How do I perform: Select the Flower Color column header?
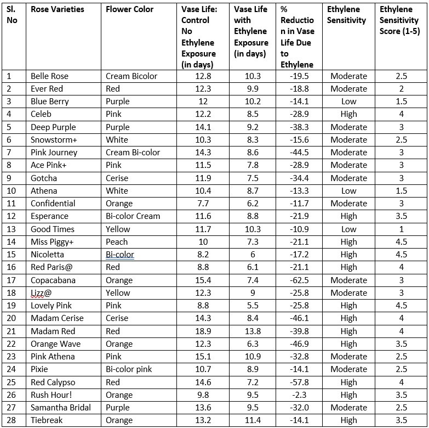click(129, 9)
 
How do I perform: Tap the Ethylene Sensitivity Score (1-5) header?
click(400, 20)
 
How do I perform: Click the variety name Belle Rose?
click(50, 76)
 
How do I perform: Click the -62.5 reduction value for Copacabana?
click(298, 280)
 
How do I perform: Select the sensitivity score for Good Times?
click(401, 229)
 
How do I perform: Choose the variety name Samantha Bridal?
click(61, 407)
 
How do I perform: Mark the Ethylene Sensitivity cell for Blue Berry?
click(348, 102)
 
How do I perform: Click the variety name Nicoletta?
click(48, 255)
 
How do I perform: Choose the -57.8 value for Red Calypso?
click(298, 382)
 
